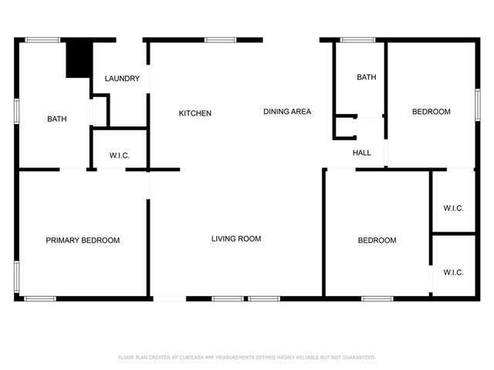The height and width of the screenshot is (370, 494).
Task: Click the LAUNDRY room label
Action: (122, 79)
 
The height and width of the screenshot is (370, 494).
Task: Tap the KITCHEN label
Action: (195, 113)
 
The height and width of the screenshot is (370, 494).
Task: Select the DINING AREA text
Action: (287, 112)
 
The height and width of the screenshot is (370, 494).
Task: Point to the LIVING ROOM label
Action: (236, 239)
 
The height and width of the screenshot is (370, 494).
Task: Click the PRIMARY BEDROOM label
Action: (83, 240)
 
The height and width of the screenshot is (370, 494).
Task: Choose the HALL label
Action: (361, 153)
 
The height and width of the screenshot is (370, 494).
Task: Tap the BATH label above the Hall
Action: (366, 78)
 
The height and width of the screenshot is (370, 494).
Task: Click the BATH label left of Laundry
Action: (56, 119)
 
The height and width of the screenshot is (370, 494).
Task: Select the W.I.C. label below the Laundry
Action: (119, 156)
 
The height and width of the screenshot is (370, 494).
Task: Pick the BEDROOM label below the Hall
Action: (377, 240)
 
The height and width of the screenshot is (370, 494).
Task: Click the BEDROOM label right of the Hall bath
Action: (431, 112)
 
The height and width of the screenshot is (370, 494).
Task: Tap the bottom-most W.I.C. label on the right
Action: (453, 272)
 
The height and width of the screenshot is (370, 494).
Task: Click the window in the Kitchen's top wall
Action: (221, 39)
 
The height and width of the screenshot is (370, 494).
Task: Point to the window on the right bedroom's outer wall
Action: (478, 103)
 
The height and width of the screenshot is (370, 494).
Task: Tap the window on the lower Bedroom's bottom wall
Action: (377, 298)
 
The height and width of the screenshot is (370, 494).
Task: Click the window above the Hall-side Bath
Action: (358, 39)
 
